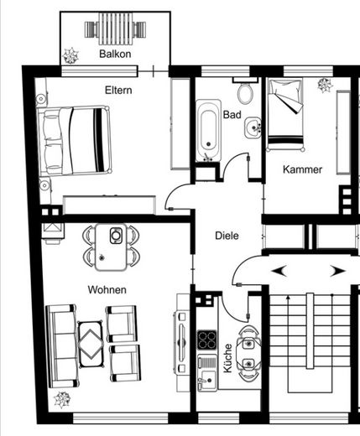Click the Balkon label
point(115,54)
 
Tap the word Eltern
point(118,90)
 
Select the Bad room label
point(232,115)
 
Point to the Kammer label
point(302,169)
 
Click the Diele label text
point(227,236)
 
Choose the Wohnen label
point(107,289)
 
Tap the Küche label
point(227,358)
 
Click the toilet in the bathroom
point(245,90)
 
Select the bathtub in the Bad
point(208,131)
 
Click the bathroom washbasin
point(253,127)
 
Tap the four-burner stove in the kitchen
point(207,340)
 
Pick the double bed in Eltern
point(74,141)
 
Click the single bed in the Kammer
point(285,115)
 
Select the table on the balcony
point(115,29)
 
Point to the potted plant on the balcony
point(70,55)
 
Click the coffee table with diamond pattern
point(91,345)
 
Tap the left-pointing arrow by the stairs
point(279,271)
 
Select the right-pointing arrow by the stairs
point(337,271)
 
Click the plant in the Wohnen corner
point(62,400)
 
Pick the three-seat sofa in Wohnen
point(61,346)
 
